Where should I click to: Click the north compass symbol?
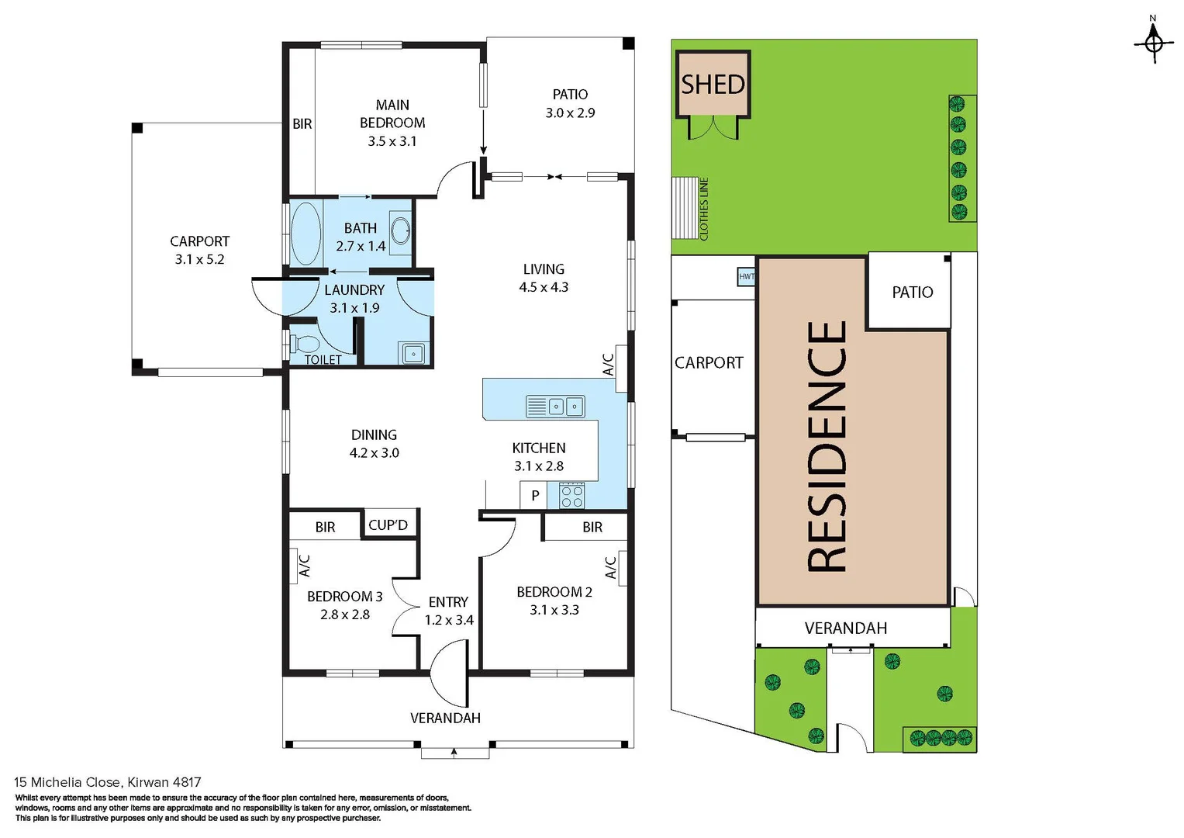click(1153, 42)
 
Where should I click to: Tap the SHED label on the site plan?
click(713, 84)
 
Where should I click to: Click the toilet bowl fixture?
click(306, 344)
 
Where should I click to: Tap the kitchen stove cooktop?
click(571, 496)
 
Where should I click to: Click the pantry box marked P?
click(534, 495)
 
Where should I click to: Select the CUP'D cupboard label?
click(388, 525)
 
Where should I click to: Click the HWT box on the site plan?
click(746, 276)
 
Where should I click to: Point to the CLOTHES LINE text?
click(704, 209)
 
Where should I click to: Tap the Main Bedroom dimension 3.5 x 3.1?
click(392, 141)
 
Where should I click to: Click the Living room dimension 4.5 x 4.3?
click(544, 287)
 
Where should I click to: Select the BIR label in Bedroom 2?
click(592, 527)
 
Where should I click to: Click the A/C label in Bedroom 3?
click(305, 565)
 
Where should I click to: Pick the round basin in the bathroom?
click(400, 230)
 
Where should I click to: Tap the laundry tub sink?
click(413, 354)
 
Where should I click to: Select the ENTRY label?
click(448, 602)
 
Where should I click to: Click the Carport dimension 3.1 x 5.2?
click(199, 259)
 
